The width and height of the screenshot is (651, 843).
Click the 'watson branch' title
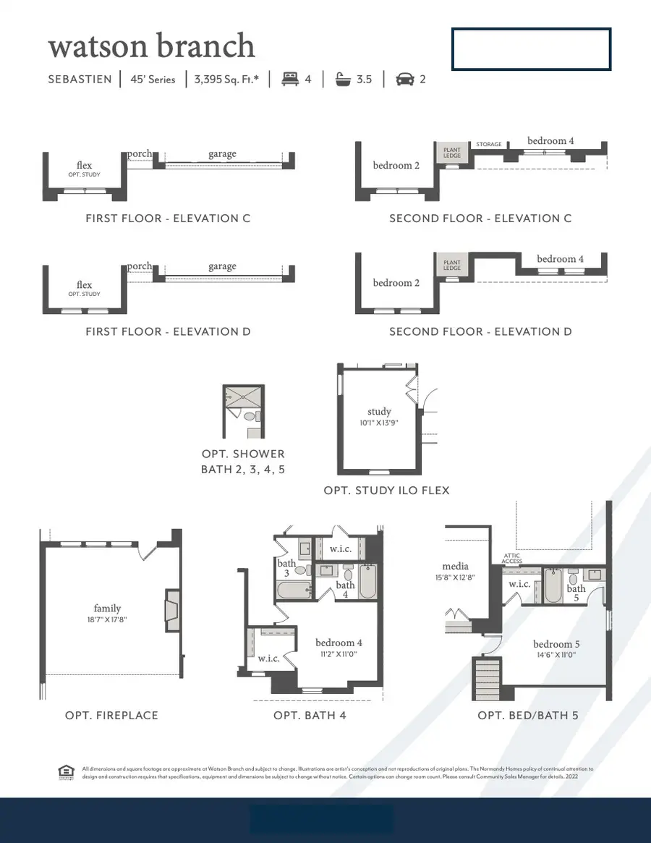click(151, 46)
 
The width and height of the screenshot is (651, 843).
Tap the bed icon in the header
click(289, 79)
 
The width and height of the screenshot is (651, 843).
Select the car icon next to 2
click(404, 79)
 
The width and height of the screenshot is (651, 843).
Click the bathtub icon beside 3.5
click(342, 79)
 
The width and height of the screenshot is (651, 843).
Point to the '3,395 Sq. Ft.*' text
click(226, 79)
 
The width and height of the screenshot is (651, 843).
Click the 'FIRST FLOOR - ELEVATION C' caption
click(168, 218)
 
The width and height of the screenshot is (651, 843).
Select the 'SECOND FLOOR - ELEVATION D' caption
click(480, 331)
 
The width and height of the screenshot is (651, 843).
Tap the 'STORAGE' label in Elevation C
click(489, 145)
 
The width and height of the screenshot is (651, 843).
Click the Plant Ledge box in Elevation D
click(452, 266)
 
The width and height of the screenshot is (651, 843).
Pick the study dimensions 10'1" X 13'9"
click(379, 423)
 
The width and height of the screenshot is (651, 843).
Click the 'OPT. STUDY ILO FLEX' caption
click(386, 490)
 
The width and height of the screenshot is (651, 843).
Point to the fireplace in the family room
click(171, 611)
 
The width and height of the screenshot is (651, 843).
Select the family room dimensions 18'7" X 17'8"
click(107, 620)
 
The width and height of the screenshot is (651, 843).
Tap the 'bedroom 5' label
click(556, 644)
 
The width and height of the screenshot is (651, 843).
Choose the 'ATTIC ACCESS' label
click(511, 559)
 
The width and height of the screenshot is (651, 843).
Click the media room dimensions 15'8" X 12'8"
click(455, 577)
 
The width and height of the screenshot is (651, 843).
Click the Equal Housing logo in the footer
click(66, 772)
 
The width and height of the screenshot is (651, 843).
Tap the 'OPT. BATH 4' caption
click(307, 715)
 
